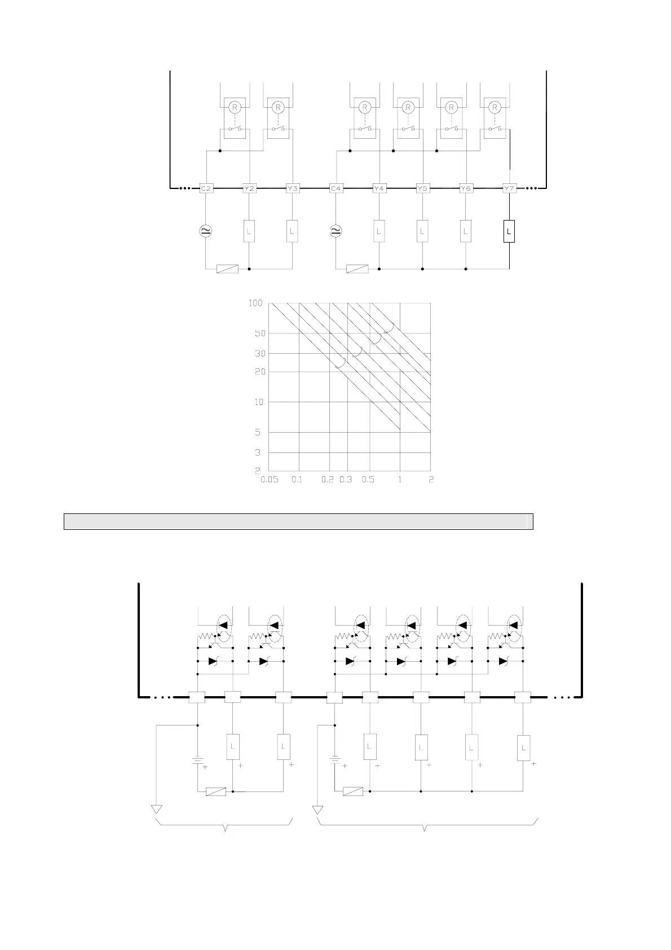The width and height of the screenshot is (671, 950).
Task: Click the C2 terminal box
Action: (206, 188)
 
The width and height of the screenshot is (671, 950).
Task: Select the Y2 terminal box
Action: (249, 188)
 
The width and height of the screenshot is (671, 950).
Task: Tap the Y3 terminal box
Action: (292, 188)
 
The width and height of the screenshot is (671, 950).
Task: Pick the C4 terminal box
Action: (336, 188)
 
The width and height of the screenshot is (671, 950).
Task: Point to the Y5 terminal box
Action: (422, 188)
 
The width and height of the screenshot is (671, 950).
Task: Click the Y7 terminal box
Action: (509, 188)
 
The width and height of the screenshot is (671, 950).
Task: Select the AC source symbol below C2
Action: (206, 230)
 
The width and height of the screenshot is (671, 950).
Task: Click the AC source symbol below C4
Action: (336, 230)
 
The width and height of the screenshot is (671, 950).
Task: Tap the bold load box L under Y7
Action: (509, 231)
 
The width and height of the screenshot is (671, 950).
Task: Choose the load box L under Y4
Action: (379, 231)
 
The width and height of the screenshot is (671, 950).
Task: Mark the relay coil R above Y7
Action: (495, 107)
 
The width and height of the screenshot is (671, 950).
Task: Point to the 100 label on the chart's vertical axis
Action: (255, 304)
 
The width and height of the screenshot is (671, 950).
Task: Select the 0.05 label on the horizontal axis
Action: (270, 480)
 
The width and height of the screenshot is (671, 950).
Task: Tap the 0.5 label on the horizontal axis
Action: (368, 480)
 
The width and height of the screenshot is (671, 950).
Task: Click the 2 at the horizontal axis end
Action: (431, 480)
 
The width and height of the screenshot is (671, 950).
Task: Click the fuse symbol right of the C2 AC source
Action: (228, 269)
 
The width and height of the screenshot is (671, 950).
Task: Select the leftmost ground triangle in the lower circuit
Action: (156, 810)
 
